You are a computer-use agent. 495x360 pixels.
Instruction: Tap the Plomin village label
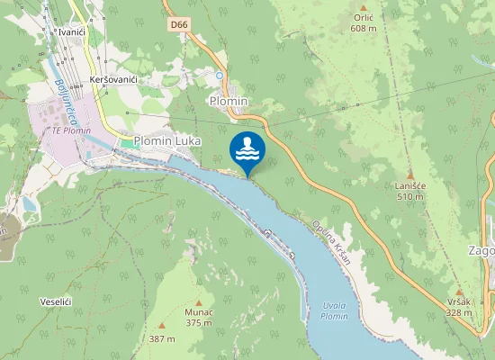(x=229, y=101)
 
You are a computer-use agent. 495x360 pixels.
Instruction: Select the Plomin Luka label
(x=167, y=141)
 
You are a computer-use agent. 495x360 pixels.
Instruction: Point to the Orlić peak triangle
(x=364, y=7)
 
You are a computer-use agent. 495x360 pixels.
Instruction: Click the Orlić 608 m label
(x=364, y=22)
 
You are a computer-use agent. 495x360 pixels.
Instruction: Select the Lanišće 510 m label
(x=409, y=190)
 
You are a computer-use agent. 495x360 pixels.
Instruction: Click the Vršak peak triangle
(x=458, y=292)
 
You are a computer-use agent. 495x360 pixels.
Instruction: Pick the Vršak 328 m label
(x=458, y=307)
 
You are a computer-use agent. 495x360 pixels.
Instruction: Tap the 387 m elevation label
(x=162, y=338)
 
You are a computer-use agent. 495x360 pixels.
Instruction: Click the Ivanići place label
(x=70, y=31)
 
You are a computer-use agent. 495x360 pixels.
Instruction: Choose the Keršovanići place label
(x=113, y=80)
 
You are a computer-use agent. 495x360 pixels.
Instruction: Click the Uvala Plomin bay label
(x=334, y=311)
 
